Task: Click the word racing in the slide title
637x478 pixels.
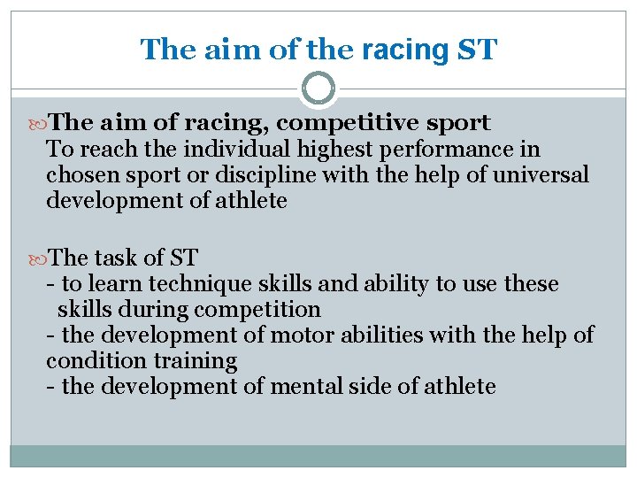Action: click(x=404, y=50)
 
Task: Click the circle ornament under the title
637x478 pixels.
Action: click(x=318, y=89)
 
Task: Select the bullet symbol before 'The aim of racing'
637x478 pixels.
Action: click(x=37, y=123)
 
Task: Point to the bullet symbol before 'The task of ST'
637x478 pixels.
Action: click(x=37, y=258)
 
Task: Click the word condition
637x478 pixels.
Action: click(x=89, y=361)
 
